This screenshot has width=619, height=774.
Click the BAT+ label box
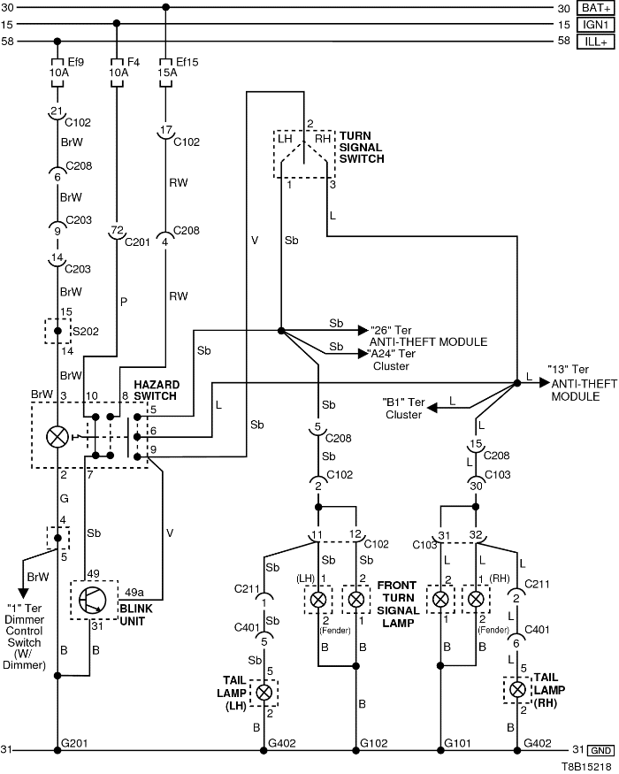pyautogui.click(x=594, y=8)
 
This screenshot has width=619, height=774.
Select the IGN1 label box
pyautogui.click(x=594, y=25)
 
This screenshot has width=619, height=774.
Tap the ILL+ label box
pyautogui.click(x=594, y=42)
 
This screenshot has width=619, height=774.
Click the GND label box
pyautogui.click(x=601, y=750)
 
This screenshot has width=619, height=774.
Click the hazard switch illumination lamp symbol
pyautogui.click(x=57, y=436)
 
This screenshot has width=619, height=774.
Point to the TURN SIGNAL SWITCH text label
pyautogui.click(x=362, y=147)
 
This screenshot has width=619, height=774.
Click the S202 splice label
pyautogui.click(x=85, y=333)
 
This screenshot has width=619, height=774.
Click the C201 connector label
pyautogui.click(x=139, y=242)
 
